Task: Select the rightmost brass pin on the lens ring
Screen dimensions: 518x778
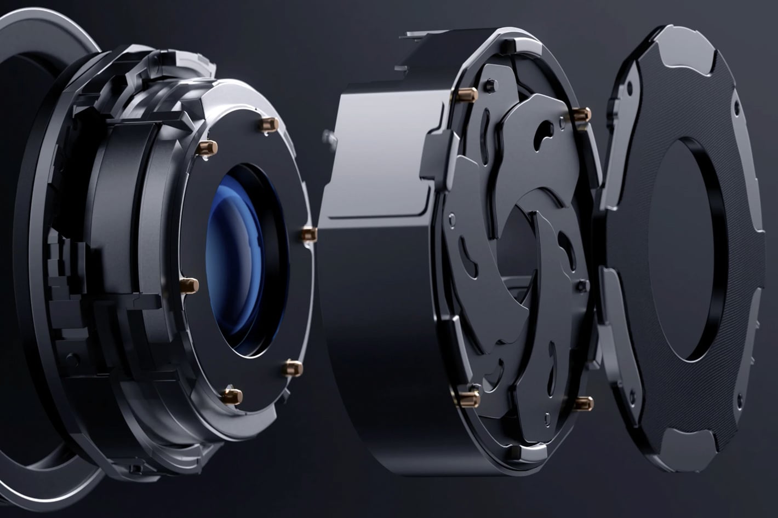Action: coord(308,234)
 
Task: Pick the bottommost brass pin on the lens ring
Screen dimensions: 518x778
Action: coord(232,395)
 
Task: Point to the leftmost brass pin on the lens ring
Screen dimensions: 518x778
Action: coord(190,285)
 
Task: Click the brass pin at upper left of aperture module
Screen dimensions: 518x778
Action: coord(469,95)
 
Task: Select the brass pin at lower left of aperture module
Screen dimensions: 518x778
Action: coord(470,398)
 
